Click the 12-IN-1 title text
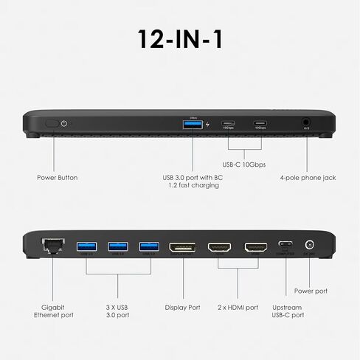(x=179, y=38)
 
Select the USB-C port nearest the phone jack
(x=259, y=123)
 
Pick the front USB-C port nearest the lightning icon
(x=228, y=123)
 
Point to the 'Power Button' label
(x=57, y=178)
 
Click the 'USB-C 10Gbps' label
(x=244, y=165)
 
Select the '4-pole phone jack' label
(x=308, y=178)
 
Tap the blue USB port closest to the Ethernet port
(x=86, y=246)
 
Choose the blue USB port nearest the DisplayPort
(x=149, y=246)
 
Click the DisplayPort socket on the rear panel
(x=183, y=246)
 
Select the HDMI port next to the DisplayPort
(x=219, y=246)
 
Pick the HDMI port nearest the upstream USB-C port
(x=255, y=246)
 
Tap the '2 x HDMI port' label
(x=238, y=307)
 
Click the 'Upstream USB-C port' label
(x=286, y=311)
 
